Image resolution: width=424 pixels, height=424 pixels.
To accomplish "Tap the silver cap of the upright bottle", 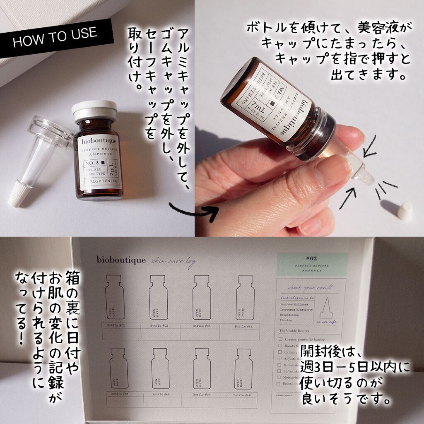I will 94,110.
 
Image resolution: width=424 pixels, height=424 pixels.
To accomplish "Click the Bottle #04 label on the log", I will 244,327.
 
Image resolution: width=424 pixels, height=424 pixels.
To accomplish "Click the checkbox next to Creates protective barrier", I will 281,339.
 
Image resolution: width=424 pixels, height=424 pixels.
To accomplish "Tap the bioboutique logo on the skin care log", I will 121,260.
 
